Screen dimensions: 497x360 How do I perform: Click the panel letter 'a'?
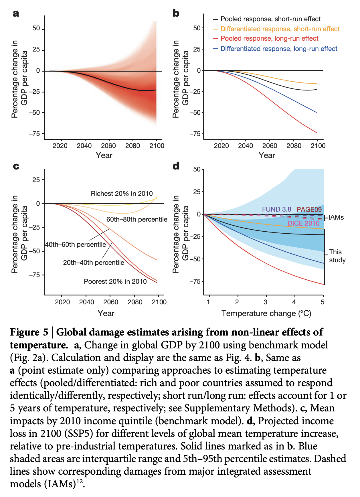16,13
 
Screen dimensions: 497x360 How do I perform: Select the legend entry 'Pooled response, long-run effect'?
269,39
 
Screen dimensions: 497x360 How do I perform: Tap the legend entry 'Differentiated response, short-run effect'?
280,29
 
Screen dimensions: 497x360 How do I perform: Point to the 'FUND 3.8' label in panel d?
276,209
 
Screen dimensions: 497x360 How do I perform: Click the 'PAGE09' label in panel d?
309,210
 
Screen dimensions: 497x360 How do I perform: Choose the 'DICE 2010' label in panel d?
303,223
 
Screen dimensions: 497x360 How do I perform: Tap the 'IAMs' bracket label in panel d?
336,218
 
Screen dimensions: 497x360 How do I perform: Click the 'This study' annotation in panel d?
337,256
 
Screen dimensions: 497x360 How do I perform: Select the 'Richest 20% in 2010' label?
122,194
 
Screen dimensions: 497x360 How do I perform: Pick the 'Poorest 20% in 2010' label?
115,281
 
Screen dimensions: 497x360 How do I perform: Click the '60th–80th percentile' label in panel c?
137,219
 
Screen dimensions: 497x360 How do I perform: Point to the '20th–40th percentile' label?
94,263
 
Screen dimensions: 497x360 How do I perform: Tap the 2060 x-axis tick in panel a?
108,146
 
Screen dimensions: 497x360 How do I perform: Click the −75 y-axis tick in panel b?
195,134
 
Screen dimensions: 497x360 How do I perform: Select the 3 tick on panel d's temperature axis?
266,302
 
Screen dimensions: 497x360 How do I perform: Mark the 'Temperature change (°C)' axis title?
266,313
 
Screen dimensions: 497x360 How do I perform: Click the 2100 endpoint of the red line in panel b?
317,133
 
